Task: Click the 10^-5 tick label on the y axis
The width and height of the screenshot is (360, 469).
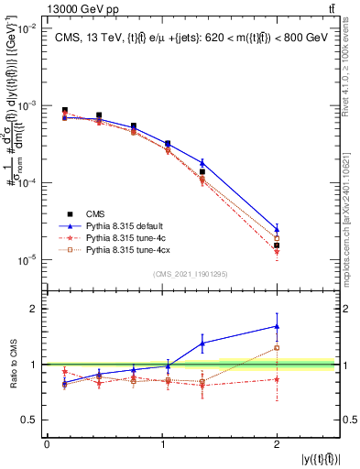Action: click(x=26, y=260)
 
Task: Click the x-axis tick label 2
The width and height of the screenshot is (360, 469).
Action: click(x=277, y=443)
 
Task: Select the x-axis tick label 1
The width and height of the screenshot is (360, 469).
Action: click(x=162, y=443)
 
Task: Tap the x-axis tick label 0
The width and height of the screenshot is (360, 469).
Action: click(x=47, y=443)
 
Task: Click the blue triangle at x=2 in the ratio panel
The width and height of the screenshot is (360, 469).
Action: click(x=277, y=326)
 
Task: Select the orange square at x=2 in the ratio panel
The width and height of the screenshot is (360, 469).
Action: click(x=277, y=348)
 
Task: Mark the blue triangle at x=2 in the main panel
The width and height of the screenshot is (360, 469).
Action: click(x=277, y=229)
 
